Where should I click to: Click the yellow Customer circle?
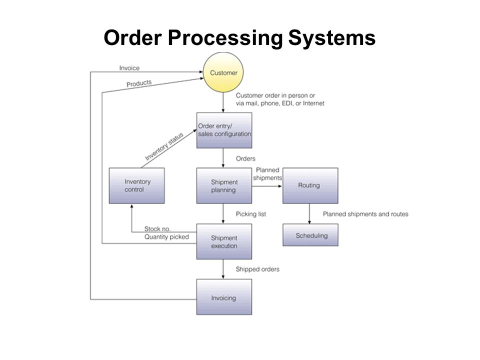coord(223,72)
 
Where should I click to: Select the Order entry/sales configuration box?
coord(224,130)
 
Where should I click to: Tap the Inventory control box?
coord(137,185)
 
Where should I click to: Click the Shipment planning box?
coord(224,185)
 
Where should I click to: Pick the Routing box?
coord(310,185)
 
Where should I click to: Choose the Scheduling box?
coord(310,235)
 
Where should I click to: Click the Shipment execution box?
coord(224,241)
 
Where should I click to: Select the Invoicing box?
coord(224,296)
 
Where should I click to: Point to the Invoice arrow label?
coord(129,68)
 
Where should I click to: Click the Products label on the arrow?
coord(139,83)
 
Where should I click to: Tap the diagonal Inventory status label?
coord(164,146)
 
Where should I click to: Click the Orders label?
coord(245,158)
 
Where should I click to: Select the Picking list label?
coord(250,214)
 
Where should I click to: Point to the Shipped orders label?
coord(257,269)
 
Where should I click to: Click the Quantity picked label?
coord(166,237)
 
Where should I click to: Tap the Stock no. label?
coord(157,228)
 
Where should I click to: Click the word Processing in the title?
coord(225,38)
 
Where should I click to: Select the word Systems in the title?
coord(332,38)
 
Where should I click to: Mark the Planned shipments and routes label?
coord(365,214)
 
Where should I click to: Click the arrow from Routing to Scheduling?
coord(309,213)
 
